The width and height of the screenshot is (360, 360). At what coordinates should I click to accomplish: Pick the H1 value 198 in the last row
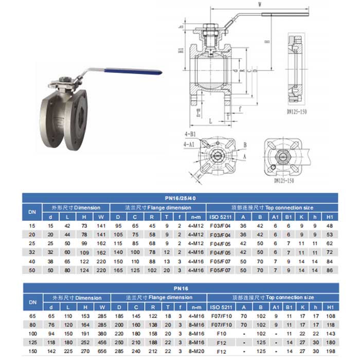[x=330, y=351]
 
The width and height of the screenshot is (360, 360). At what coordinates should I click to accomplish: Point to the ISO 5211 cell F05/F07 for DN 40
[x=222, y=261]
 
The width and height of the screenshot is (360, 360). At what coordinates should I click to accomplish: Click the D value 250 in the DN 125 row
[x=119, y=342]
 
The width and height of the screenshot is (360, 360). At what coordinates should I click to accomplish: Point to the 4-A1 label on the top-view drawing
[x=189, y=146]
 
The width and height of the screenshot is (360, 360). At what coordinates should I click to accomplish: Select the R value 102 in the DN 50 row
[x=153, y=269]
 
